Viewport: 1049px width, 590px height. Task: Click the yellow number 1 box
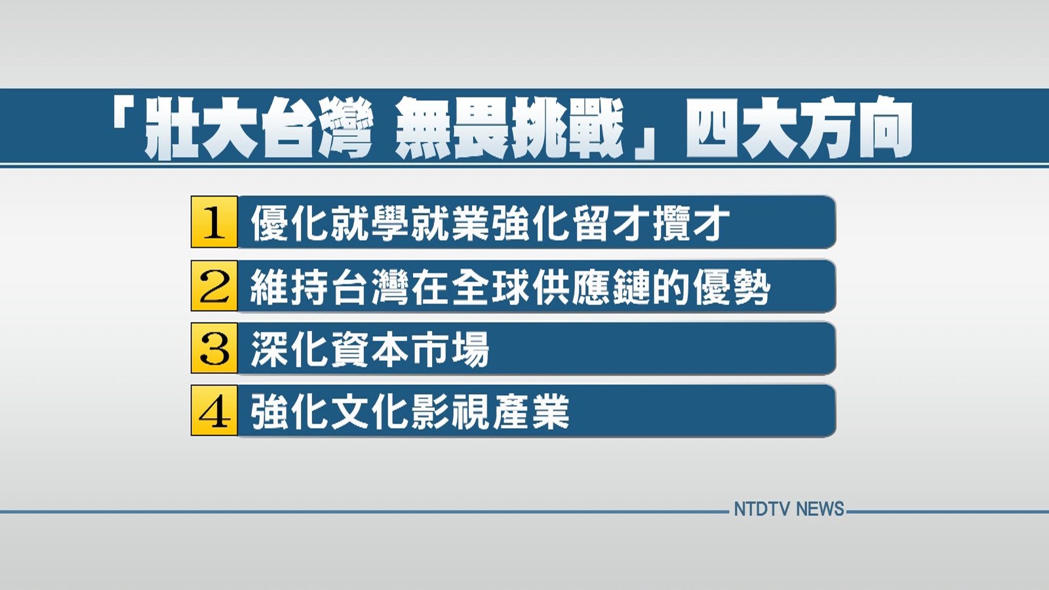[214, 222]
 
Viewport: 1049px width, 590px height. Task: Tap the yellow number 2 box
[214, 286]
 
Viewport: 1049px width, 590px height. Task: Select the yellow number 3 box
[214, 348]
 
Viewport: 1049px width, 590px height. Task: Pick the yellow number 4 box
[214, 410]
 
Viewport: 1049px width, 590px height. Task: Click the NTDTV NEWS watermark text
[789, 509]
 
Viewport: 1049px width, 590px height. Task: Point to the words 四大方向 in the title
[799, 127]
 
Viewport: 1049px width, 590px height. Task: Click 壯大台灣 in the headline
[261, 127]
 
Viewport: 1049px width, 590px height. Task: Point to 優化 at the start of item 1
[290, 224]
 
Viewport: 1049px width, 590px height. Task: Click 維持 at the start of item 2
[289, 286]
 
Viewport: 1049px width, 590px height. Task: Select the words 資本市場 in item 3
[410, 349]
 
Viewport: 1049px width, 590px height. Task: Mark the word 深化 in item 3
[290, 349]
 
